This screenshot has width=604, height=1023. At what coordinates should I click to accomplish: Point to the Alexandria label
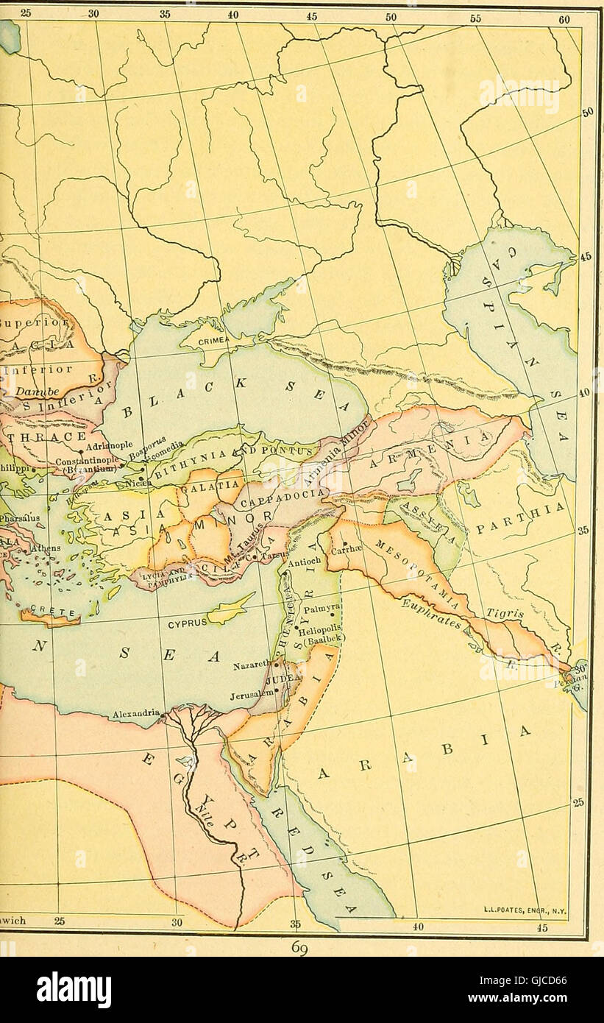point(136,713)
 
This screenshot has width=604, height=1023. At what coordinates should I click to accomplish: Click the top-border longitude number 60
point(564,20)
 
